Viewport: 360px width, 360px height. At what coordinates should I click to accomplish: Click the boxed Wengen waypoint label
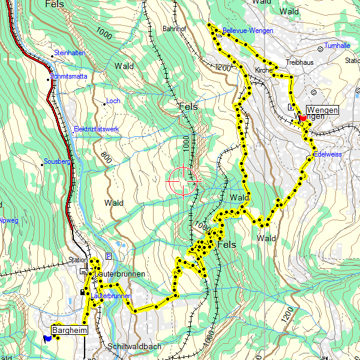click(x=322, y=110)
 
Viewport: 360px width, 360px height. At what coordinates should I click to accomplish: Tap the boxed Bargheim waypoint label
click(x=70, y=330)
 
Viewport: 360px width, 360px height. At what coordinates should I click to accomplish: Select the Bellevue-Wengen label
click(x=247, y=31)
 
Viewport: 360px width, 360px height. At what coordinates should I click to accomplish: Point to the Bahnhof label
click(x=175, y=28)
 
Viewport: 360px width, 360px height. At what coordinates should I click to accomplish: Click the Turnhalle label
click(x=337, y=46)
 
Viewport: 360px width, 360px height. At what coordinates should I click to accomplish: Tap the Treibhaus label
click(x=300, y=62)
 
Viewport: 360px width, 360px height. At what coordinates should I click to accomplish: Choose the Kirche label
click(x=263, y=70)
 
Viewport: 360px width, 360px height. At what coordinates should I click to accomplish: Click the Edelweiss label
click(x=328, y=154)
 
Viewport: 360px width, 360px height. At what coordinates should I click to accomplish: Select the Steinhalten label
click(x=70, y=53)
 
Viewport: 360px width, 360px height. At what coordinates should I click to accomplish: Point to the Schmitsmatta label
click(x=69, y=77)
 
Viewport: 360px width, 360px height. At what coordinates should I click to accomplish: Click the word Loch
click(x=113, y=101)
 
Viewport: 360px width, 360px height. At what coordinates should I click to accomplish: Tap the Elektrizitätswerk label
click(x=96, y=129)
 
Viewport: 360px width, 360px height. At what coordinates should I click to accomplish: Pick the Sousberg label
click(x=58, y=161)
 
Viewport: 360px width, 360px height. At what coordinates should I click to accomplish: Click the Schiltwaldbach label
click(x=135, y=347)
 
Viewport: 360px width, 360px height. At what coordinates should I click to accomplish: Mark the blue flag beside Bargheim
click(x=47, y=338)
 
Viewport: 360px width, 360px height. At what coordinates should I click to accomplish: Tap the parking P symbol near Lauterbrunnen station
click(x=108, y=256)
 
